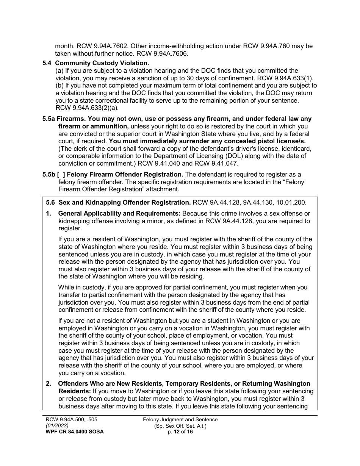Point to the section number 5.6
50,203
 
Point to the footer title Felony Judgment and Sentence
180,419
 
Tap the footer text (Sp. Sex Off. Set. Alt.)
180,425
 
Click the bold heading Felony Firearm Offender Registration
125,174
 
